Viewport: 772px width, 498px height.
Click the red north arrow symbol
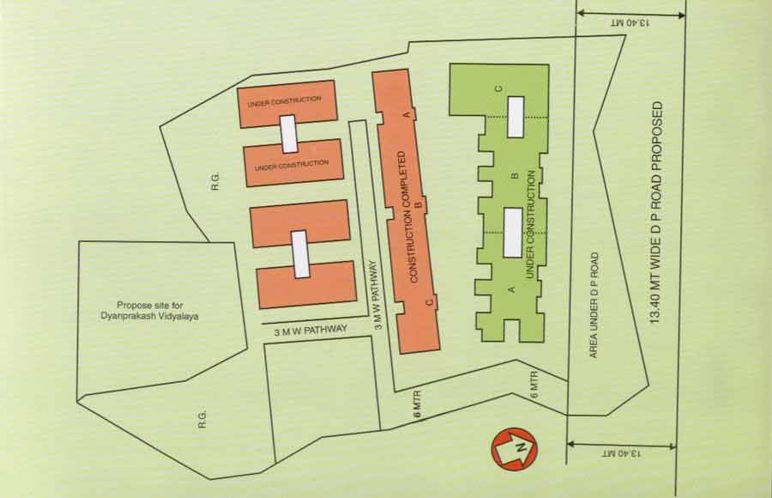point(514,447)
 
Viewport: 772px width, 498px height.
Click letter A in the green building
point(512,290)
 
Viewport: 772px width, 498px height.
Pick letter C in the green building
point(498,88)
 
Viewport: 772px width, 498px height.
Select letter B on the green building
point(514,176)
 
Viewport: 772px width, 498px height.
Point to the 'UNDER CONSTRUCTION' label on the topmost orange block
point(284,103)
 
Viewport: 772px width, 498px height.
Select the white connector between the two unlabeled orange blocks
point(300,253)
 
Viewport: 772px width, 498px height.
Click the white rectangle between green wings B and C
point(515,117)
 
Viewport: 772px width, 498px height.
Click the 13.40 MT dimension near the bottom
point(623,452)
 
